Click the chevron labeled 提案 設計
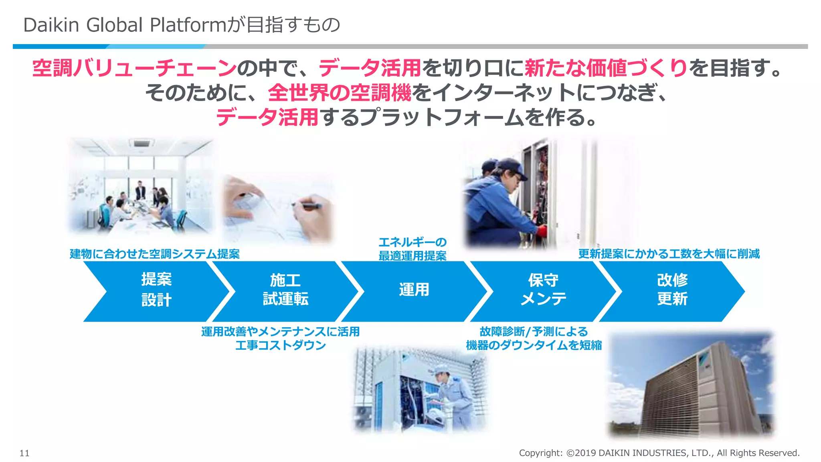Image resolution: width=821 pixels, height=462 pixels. (156, 291)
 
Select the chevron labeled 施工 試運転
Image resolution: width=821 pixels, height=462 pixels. (285, 291)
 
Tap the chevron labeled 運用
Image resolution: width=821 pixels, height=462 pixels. (414, 291)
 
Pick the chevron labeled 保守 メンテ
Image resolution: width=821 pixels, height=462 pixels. (543, 291)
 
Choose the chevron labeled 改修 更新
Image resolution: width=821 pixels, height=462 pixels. (672, 291)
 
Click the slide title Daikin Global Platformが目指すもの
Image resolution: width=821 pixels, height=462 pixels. (182, 25)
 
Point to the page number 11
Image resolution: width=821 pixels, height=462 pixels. (24, 453)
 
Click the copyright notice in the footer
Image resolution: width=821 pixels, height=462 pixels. (659, 453)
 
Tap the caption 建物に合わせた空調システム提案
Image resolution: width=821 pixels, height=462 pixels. (155, 254)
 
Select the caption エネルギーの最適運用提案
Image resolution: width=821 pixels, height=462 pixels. (413, 249)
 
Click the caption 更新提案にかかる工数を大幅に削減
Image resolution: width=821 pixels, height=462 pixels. (669, 254)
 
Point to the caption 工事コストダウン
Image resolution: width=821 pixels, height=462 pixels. (281, 345)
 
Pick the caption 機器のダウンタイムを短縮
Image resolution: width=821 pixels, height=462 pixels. (534, 345)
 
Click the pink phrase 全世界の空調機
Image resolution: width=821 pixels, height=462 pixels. (340, 93)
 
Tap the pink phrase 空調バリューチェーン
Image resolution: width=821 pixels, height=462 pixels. (134, 68)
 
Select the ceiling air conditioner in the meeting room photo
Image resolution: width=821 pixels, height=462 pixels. (141, 143)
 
